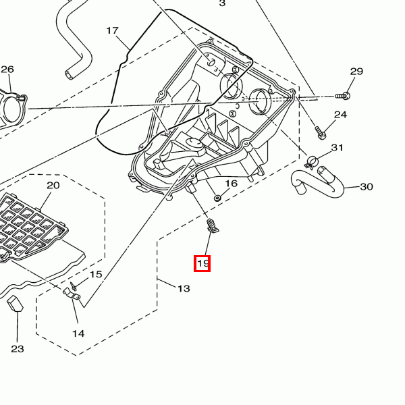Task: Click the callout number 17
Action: [x=112, y=30]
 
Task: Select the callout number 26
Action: [x=7, y=70]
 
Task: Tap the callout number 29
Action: [x=356, y=72]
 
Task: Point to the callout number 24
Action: [x=340, y=115]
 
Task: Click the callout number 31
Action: [x=337, y=148]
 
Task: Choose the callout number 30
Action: [x=367, y=187]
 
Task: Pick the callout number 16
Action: [x=231, y=183]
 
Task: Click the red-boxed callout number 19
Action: [x=202, y=263]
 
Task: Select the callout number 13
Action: [x=184, y=288]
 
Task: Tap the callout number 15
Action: [x=96, y=274]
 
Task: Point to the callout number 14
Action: [x=78, y=333]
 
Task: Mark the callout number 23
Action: [x=17, y=348]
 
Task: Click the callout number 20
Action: [x=53, y=185]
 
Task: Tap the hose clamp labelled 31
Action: [x=311, y=161]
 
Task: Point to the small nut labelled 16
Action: [x=217, y=198]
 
